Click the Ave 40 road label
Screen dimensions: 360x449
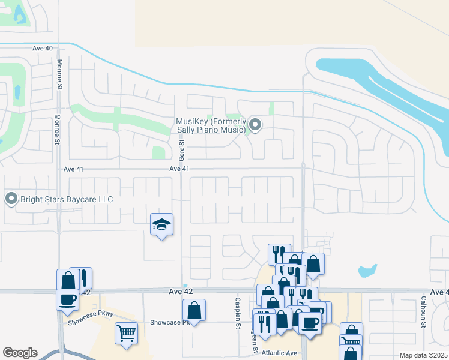point(43,48)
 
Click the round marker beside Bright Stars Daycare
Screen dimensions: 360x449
point(11,198)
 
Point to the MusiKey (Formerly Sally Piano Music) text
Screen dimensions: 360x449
point(211,125)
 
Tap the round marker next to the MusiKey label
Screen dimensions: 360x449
point(255,125)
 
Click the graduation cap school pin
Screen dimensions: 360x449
point(161,225)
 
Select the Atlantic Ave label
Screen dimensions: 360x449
point(276,351)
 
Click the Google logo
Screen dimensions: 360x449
point(19,353)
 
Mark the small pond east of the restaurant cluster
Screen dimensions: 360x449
point(367,271)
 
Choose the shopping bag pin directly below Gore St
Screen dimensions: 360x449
point(194,310)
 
